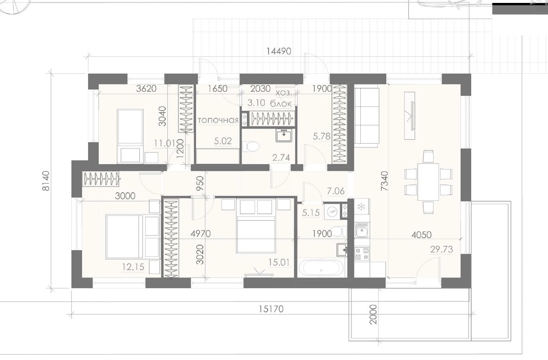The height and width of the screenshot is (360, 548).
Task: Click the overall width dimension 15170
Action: (271, 309)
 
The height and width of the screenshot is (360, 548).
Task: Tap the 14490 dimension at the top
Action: (279, 51)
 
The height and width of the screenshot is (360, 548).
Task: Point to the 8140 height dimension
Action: (46, 181)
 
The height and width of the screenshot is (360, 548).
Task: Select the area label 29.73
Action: (441, 249)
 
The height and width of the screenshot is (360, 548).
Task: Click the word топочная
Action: (218, 121)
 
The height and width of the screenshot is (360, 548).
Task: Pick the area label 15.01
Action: (279, 262)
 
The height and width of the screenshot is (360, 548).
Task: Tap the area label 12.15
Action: (133, 267)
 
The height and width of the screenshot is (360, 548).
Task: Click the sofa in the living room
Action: (367, 116)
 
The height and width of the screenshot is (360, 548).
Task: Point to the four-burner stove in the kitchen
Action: (362, 254)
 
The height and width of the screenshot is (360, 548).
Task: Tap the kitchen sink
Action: (362, 230)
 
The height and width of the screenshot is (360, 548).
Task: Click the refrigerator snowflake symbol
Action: (361, 207)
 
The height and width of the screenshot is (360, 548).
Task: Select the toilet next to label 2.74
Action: (251, 147)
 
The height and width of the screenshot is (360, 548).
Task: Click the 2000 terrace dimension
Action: (373, 314)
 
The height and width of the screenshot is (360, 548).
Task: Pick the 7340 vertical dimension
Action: (384, 181)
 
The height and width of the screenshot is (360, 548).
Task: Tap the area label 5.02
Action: (223, 141)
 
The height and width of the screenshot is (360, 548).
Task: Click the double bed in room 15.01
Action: (258, 226)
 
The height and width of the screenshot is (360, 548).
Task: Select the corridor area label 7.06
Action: (335, 191)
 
